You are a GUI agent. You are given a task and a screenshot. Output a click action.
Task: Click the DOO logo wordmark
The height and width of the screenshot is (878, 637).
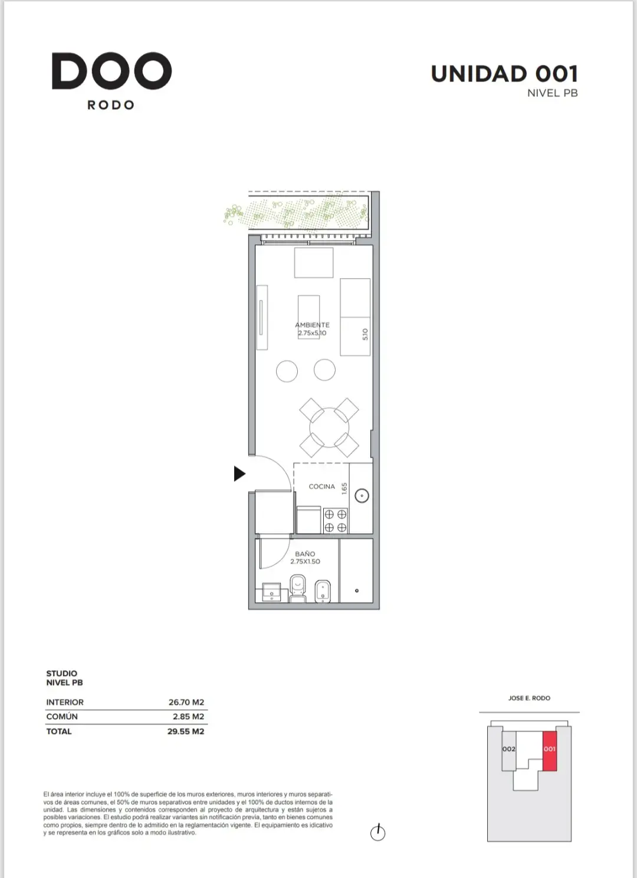(111, 71)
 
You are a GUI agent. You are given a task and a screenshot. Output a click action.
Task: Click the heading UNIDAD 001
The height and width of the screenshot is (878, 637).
(504, 74)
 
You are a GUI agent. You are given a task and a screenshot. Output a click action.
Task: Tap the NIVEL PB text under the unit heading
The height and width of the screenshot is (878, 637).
(553, 93)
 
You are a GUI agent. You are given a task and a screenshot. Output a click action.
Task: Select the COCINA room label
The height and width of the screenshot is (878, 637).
(322, 487)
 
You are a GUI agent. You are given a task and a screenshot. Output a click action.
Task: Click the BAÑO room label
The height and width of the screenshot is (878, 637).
(305, 554)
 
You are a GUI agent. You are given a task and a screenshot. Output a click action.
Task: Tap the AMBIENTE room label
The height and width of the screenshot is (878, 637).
(312, 325)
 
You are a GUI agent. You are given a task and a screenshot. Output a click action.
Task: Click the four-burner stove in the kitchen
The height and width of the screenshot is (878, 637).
(336, 521)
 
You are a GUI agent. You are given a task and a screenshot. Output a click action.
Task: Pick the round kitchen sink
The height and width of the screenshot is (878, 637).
(362, 496)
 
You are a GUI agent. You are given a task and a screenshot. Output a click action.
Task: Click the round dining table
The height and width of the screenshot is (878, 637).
(329, 427)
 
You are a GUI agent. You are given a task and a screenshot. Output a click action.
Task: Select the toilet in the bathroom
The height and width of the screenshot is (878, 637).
(298, 588)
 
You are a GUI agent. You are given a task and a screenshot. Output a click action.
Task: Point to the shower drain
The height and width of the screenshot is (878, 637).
(356, 590)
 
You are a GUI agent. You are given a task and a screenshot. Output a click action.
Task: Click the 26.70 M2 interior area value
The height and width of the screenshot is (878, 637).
(186, 702)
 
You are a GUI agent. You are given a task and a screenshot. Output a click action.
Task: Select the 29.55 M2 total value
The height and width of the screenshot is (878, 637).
(186, 731)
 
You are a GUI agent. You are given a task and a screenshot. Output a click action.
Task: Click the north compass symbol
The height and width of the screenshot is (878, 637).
(378, 833)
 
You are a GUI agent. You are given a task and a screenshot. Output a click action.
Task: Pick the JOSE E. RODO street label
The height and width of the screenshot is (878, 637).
(529, 698)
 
